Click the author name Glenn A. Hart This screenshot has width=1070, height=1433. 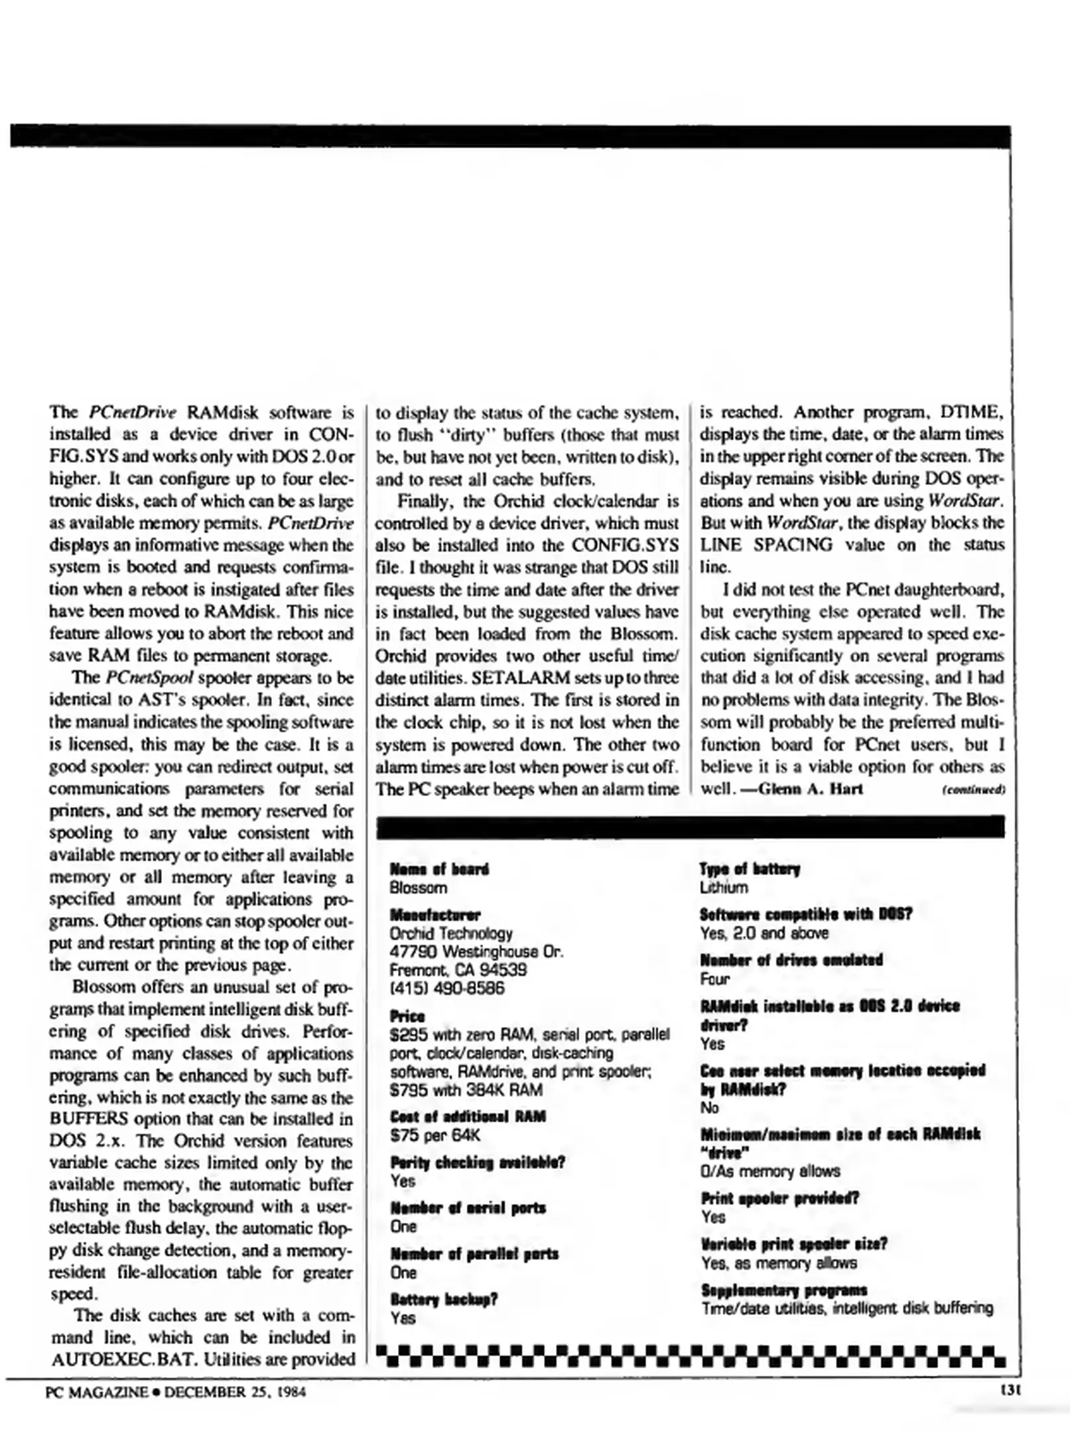point(810,789)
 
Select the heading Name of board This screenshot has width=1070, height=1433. point(439,868)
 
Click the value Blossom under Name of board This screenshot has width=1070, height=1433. point(418,888)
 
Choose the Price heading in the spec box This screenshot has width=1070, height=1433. point(407,1016)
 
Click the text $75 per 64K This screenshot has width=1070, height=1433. point(435,1135)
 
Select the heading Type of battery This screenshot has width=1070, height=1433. point(750,868)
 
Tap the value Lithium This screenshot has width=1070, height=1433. point(724,888)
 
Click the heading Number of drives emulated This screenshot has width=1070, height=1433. point(791,960)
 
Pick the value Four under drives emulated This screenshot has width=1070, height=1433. point(714,979)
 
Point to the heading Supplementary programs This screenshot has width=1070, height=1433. point(784,1290)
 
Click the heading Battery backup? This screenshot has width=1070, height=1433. point(444,1299)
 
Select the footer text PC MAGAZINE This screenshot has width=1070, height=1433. point(97,1392)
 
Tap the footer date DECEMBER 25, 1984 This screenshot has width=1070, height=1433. point(235,1392)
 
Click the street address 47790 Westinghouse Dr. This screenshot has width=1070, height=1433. point(476,951)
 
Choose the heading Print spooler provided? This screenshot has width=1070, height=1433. point(779,1198)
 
